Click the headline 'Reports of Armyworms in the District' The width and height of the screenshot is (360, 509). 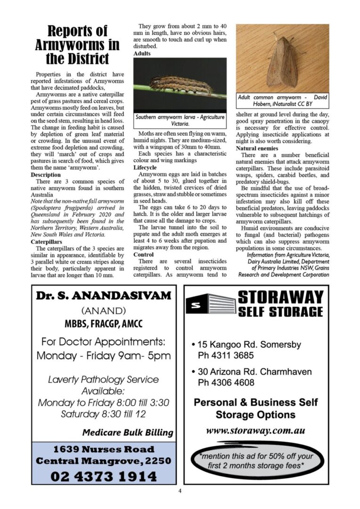[x=77, y=45]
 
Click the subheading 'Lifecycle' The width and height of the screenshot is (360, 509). [x=145, y=167]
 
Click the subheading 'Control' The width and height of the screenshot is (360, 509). [x=143, y=254]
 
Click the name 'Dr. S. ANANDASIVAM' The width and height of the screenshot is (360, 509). [x=104, y=296]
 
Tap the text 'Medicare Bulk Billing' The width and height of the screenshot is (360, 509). [x=127, y=432]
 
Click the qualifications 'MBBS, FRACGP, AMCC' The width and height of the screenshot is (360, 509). [x=103, y=324]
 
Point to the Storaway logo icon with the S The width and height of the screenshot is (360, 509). [x=210, y=304]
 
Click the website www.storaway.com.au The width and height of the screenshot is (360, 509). [x=255, y=430]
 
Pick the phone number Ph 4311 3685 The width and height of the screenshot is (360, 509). [x=226, y=355]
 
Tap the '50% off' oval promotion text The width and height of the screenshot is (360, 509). [x=256, y=460]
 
